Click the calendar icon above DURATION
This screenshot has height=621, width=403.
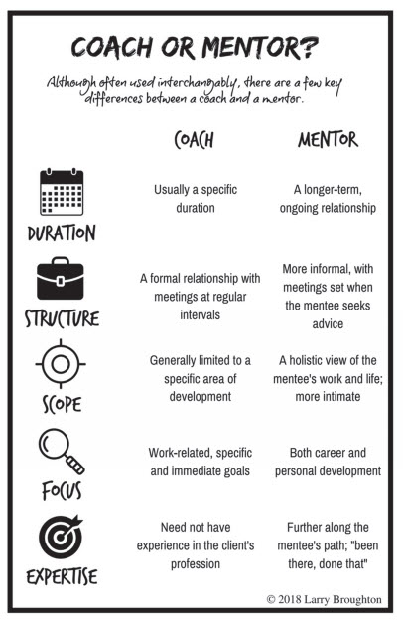coord(62,192)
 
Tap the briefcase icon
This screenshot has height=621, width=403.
coord(61,279)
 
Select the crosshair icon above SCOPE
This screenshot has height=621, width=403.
coord(61,364)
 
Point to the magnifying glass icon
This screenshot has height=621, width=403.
coord(62,452)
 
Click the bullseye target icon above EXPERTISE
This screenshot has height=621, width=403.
coord(61,537)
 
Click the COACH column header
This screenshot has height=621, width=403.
coord(194,140)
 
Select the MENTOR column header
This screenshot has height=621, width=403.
coord(328,140)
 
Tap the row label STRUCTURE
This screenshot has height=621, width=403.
coord(62,318)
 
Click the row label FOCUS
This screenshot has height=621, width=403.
coord(62,490)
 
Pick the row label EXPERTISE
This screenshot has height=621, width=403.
coord(62,576)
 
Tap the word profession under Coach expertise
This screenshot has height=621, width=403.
coord(196,564)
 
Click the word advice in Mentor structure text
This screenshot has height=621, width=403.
coord(328,324)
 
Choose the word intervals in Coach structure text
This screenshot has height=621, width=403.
coord(201,314)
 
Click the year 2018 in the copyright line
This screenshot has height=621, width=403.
coord(289,599)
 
